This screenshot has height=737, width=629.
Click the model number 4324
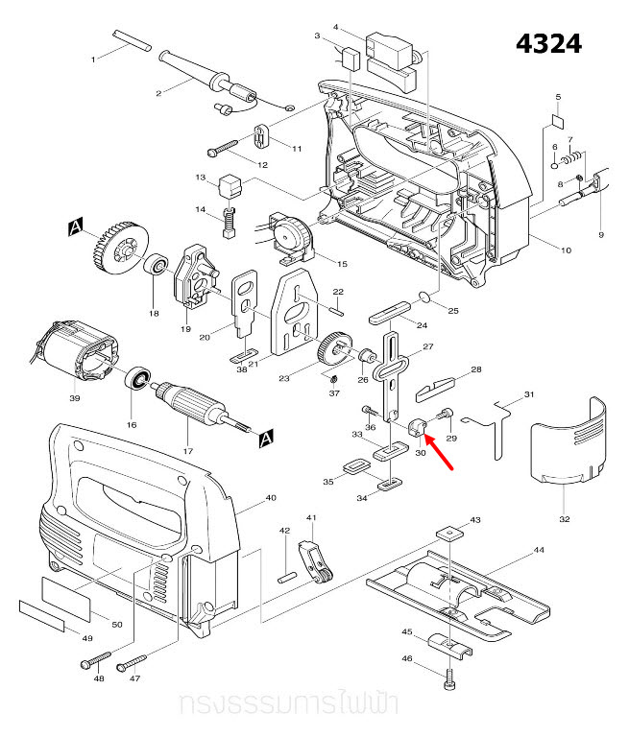pos(547,44)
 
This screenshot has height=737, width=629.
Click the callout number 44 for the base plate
pos(539,551)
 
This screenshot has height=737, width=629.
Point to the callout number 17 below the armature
pos(187,451)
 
